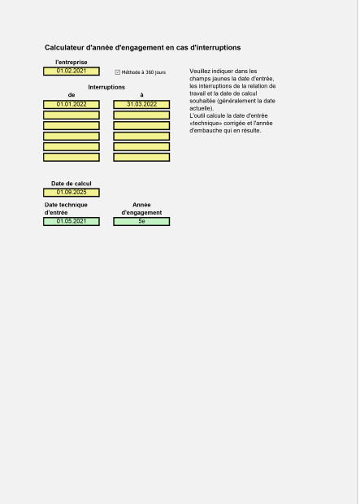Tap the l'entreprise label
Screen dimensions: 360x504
coord(71,62)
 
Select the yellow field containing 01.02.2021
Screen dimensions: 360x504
coord(71,72)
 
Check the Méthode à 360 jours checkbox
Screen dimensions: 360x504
coord(118,72)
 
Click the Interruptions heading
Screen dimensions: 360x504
coord(106,86)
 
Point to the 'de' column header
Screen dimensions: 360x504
coord(71,95)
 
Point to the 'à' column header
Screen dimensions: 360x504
coord(141,95)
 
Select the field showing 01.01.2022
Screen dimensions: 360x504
coord(71,105)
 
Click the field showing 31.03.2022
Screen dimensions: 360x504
coord(141,105)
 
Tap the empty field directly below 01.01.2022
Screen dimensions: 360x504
coord(71,115)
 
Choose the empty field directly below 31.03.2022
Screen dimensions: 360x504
coord(141,115)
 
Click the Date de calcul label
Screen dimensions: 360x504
coord(71,184)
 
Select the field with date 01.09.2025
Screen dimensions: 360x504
coord(71,193)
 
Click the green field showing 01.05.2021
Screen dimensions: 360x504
coord(71,221)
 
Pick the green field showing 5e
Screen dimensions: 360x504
coord(141,221)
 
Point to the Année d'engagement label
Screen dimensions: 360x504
coord(141,208)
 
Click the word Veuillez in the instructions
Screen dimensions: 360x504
coord(200,72)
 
